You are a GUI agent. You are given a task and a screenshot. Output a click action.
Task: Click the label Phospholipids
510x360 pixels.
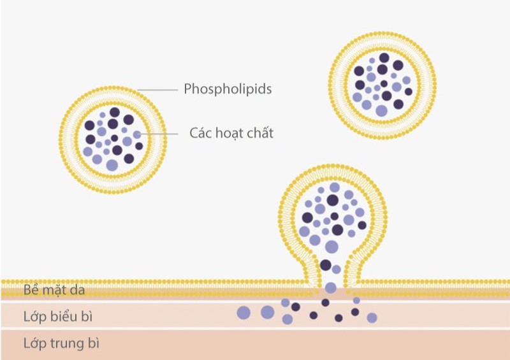(228, 89)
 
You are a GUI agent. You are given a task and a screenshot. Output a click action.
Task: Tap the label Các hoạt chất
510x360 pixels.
(231, 133)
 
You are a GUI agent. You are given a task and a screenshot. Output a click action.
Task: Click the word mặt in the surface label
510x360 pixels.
(54, 291)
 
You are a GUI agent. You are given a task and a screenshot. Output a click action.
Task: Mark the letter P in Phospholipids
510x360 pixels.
(188, 89)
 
